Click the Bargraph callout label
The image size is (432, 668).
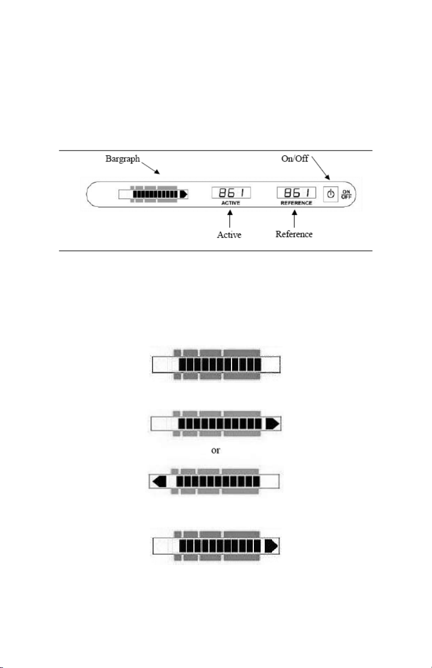pyautogui.click(x=123, y=159)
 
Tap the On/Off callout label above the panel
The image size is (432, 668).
pyautogui.click(x=295, y=158)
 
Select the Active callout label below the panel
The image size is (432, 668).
pyautogui.click(x=229, y=234)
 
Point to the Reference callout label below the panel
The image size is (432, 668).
pyautogui.click(x=294, y=234)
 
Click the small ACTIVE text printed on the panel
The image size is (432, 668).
pyautogui.click(x=230, y=203)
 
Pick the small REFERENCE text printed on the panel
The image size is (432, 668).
pyautogui.click(x=296, y=203)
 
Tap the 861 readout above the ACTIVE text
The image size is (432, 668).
pyautogui.click(x=231, y=192)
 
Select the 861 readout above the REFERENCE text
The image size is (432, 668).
pyautogui.click(x=296, y=192)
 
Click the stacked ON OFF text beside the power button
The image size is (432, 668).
pyautogui.click(x=346, y=194)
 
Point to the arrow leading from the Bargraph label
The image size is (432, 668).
pyautogui.click(x=150, y=168)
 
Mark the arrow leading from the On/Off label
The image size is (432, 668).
pyautogui.click(x=321, y=168)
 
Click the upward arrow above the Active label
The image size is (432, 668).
pyautogui.click(x=229, y=219)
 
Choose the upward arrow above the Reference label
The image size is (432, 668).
pyautogui.click(x=294, y=219)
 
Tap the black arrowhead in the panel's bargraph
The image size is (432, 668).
pyautogui.click(x=184, y=194)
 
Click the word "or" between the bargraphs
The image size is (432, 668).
pyautogui.click(x=215, y=450)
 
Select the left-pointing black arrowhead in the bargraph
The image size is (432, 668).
pyautogui.click(x=160, y=482)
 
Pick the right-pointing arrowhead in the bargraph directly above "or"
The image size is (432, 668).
pyautogui.click(x=272, y=424)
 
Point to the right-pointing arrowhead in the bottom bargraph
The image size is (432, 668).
pyautogui.click(x=271, y=546)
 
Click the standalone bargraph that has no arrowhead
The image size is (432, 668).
pyautogui.click(x=216, y=364)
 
